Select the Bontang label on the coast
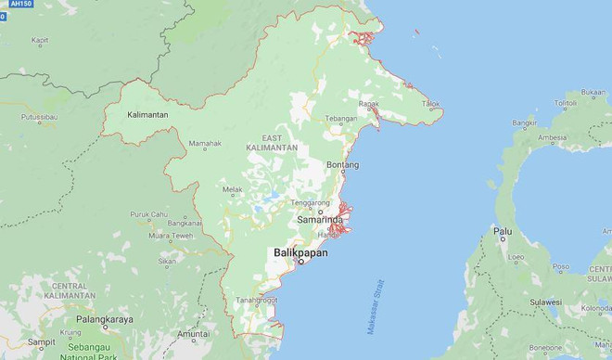[x=342, y=165]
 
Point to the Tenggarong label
[x=311, y=201]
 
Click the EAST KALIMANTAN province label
[x=273, y=142]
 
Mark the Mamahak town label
[x=205, y=144]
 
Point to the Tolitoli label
[x=565, y=102]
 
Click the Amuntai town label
[x=193, y=333]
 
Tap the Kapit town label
[x=40, y=41]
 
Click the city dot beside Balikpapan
[x=300, y=263]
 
